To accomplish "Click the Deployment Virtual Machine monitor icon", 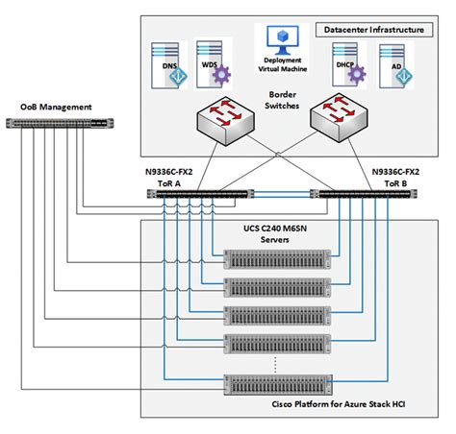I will tap(283, 39).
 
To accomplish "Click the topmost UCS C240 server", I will tap(275, 257).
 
